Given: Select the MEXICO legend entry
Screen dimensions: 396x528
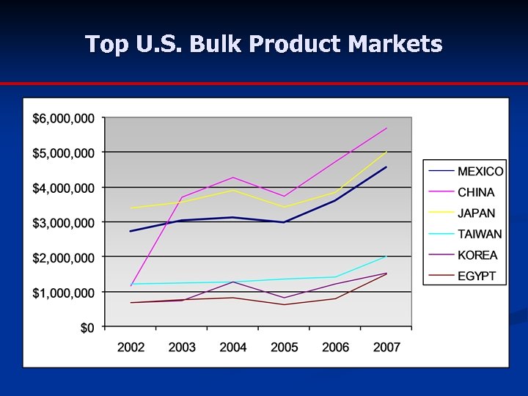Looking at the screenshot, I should click(480, 172).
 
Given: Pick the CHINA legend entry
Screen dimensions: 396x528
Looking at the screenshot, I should click(476, 193).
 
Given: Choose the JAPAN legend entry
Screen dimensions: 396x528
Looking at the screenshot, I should click(476, 213).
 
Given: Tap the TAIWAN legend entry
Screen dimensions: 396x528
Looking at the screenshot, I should click(480, 235).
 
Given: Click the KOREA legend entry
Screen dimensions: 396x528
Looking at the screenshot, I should click(477, 255).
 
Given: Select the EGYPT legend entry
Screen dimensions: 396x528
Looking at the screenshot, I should click(477, 276).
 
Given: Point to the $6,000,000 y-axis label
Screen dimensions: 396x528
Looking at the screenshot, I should click(63, 118).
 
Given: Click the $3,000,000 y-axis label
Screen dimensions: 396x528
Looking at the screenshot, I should click(63, 222).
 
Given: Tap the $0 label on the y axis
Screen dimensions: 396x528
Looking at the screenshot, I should click(87, 327).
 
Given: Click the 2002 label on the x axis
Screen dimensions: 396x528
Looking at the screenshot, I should click(131, 347).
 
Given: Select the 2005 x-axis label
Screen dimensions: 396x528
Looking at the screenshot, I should click(284, 347).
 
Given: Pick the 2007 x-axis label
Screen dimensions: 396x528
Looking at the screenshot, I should click(386, 347).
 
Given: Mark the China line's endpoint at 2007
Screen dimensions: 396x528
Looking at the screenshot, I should click(386, 128).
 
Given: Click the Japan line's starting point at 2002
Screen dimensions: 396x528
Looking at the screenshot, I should click(131, 208).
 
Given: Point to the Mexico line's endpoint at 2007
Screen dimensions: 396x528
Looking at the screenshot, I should click(386, 167).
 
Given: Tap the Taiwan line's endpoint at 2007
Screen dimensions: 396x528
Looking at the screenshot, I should click(386, 256).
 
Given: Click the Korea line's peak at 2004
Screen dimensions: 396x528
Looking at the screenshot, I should click(233, 282).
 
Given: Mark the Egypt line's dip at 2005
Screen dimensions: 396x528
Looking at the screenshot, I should click(285, 304).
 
